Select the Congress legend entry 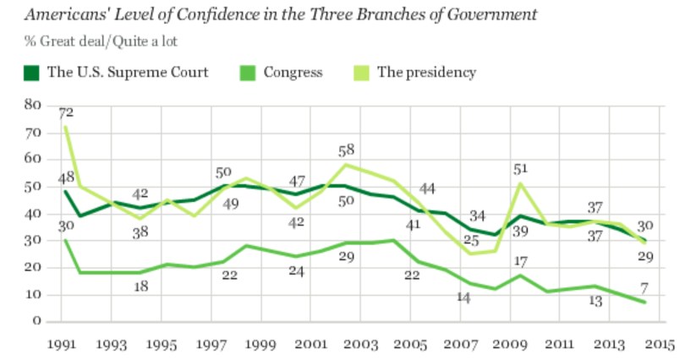pyautogui.click(x=292, y=73)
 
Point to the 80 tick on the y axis pyautogui.click(x=33, y=105)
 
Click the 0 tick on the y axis pyautogui.click(x=37, y=321)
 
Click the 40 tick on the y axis pyautogui.click(x=33, y=213)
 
